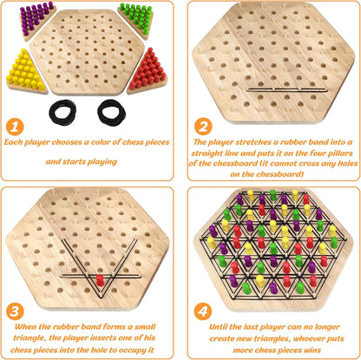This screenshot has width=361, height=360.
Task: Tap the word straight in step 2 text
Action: coord(207,152)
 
